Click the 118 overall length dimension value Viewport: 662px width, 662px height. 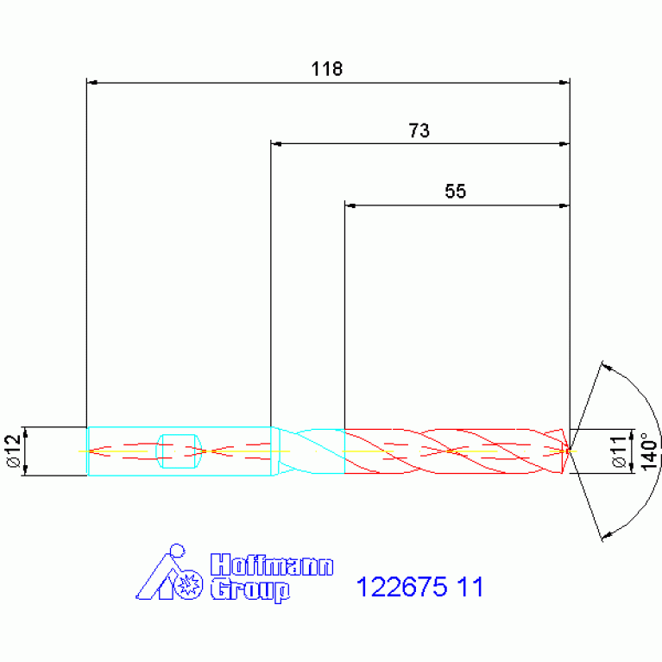tap(327, 69)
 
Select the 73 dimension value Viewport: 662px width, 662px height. tap(419, 130)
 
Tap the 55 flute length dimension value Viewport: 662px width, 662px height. tap(455, 192)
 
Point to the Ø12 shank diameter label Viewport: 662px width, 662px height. tap(14, 451)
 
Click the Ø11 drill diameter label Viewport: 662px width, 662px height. tap(619, 451)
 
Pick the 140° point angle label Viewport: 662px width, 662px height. tap(650, 451)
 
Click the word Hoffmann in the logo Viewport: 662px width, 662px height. tap(273, 564)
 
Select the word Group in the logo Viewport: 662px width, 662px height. tap(250, 589)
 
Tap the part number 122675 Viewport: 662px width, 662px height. tap(401, 586)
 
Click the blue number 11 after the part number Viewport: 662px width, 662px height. tap(470, 586)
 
